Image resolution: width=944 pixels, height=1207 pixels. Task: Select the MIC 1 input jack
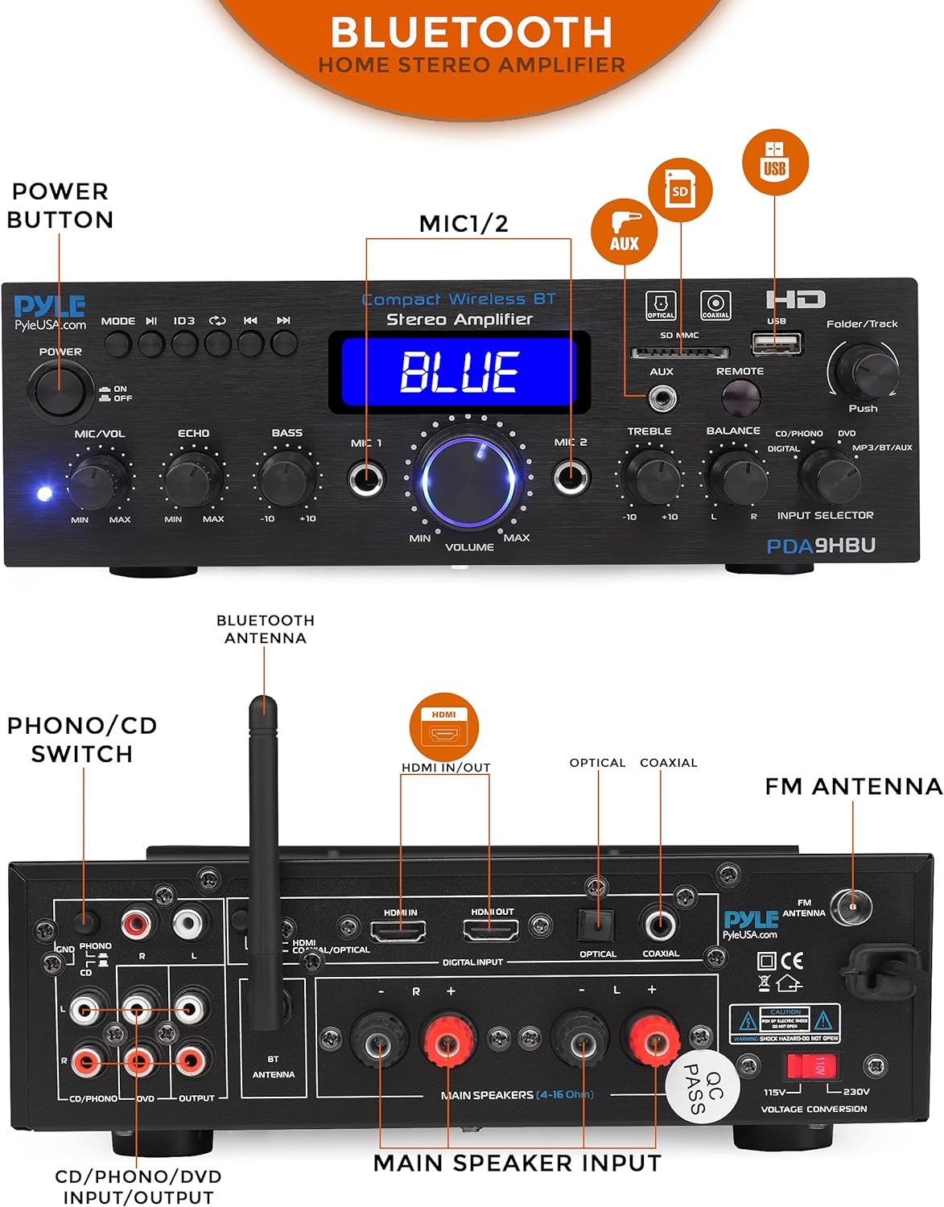click(366, 479)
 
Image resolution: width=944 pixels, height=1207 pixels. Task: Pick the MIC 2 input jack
click(571, 477)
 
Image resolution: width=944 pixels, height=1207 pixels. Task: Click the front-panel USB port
click(777, 344)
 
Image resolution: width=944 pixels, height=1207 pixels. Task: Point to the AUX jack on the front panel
click(663, 397)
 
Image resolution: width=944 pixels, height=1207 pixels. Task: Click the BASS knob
click(286, 477)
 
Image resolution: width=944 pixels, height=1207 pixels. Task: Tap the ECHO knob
click(193, 478)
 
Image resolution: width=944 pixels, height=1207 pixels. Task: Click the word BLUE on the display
click(460, 373)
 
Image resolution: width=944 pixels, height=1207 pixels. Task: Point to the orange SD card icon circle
click(680, 191)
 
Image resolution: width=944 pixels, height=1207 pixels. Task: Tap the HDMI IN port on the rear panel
click(398, 932)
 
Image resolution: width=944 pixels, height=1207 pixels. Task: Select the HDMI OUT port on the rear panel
click(491, 931)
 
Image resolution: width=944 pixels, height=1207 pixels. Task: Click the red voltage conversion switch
click(812, 1067)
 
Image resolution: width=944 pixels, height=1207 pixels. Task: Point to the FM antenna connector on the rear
click(851, 907)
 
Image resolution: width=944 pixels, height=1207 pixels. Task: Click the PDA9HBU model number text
click(821, 546)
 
